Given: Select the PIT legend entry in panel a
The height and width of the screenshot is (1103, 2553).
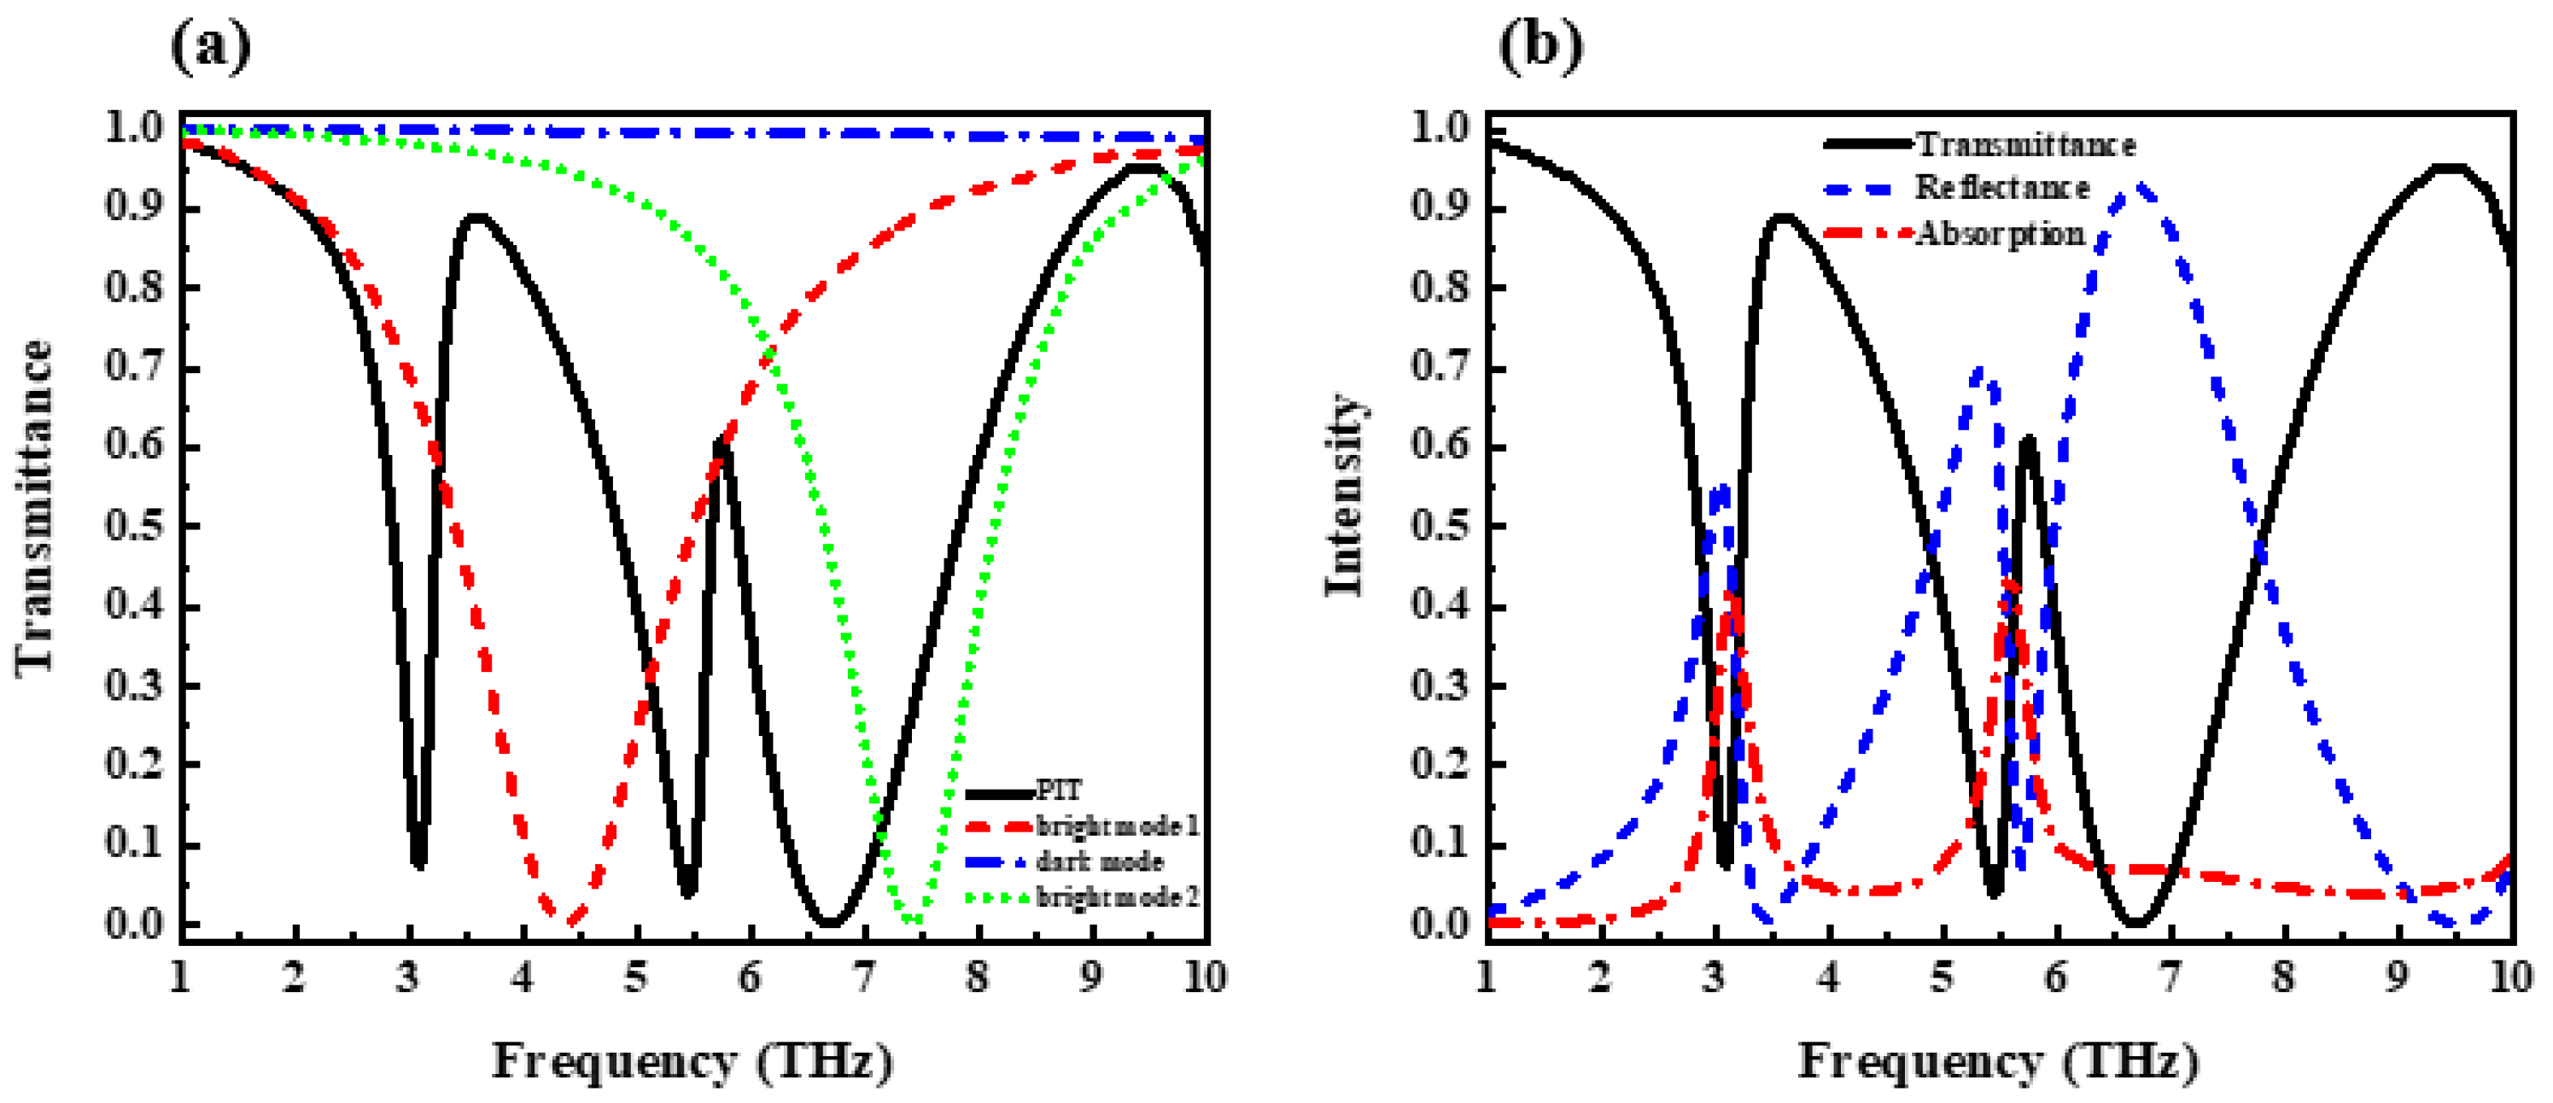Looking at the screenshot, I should (1059, 791).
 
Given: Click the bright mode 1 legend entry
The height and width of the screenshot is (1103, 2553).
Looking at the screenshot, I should (1117, 826).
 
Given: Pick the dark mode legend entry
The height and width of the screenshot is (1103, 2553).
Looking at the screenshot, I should (1099, 861).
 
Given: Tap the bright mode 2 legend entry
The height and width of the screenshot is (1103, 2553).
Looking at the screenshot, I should (1117, 897).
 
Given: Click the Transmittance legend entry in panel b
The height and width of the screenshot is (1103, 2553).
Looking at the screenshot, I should (2025, 144).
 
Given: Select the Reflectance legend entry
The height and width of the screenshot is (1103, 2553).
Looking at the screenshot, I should (2002, 187).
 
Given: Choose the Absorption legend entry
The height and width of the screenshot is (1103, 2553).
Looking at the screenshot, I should (2000, 234).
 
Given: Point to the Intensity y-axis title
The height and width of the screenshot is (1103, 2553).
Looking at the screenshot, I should (1344, 495).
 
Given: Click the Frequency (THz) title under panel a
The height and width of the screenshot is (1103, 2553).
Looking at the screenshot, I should (692, 1061).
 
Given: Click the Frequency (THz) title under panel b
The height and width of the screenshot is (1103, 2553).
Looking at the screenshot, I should (1998, 1061).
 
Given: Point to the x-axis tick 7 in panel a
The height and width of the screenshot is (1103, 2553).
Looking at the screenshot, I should (863, 978).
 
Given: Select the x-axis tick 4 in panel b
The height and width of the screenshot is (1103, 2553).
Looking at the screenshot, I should (1827, 978).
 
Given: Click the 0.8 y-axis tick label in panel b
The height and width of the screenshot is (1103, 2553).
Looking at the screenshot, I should (1439, 288).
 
